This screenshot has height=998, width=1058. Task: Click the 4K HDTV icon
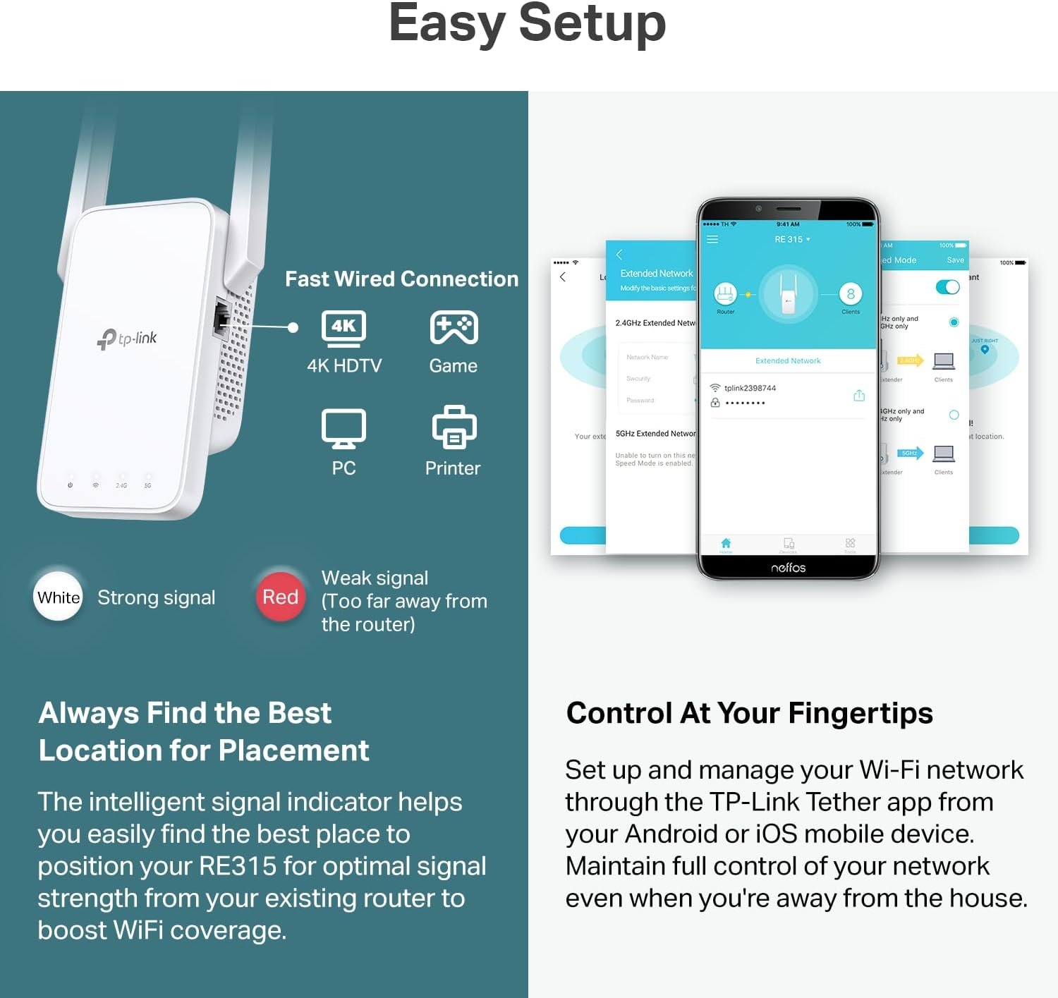tap(343, 329)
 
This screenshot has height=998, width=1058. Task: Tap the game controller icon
tap(454, 328)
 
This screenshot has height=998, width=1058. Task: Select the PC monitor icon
tap(343, 428)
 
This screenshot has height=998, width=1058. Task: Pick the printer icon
tap(454, 427)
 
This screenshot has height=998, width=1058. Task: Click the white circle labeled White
tap(59, 597)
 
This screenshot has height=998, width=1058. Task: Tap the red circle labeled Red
tap(280, 597)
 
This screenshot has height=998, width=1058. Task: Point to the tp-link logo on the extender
tap(127, 339)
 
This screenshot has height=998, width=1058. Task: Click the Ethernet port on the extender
tap(221, 320)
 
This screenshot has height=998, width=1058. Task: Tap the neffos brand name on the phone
tap(788, 568)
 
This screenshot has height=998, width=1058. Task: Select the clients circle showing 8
tap(851, 293)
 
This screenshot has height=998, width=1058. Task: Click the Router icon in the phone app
tap(725, 293)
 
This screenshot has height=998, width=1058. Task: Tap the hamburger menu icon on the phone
tap(712, 240)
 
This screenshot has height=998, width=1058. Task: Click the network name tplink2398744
tap(750, 388)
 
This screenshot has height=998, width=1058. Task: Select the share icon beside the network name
tap(859, 396)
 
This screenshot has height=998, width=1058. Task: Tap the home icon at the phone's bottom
tap(726, 543)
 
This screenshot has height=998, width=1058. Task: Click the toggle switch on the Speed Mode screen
tap(947, 287)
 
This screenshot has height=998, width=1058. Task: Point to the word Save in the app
tap(955, 260)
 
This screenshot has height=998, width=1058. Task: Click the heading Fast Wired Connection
tap(401, 279)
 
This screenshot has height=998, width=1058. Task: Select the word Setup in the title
tap(592, 24)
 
